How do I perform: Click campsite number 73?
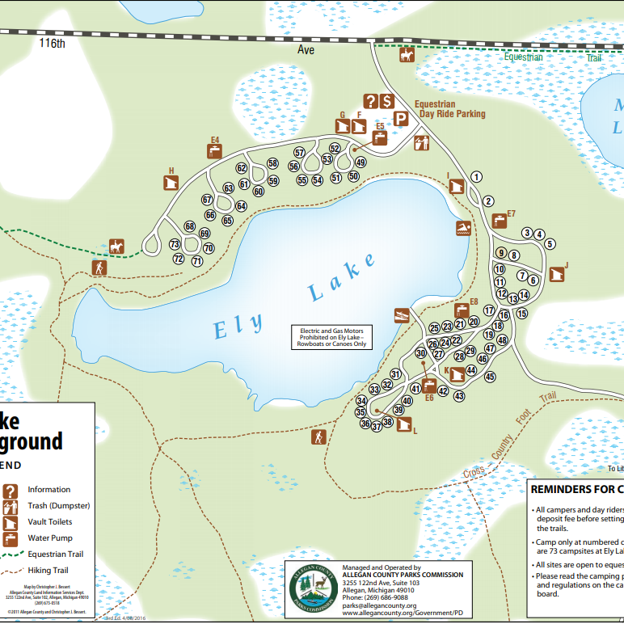click(x=174, y=244)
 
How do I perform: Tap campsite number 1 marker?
click(x=477, y=176)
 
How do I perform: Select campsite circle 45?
click(x=490, y=376)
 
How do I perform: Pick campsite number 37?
click(x=377, y=426)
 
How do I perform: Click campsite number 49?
click(x=360, y=162)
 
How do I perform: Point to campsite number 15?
click(x=522, y=313)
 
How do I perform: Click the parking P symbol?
click(x=400, y=120)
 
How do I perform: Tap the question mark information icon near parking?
click(x=370, y=101)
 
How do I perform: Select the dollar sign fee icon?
click(x=387, y=101)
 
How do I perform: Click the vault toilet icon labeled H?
click(x=171, y=183)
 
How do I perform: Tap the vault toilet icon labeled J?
click(x=556, y=275)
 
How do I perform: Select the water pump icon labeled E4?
click(x=215, y=152)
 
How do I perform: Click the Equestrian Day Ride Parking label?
click(x=449, y=109)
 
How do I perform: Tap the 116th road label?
click(x=52, y=44)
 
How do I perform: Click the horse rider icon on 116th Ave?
click(x=407, y=56)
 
